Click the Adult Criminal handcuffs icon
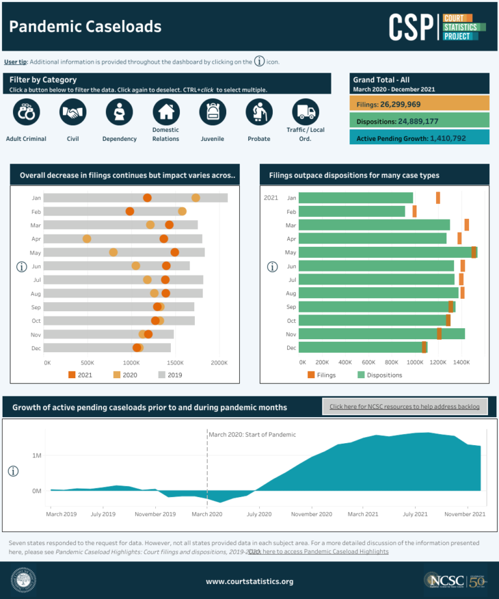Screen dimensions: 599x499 tap(26, 112)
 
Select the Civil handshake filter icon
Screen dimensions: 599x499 tap(73, 112)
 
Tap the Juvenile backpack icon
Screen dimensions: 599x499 tap(212, 112)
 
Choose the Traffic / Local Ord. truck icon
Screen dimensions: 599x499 tap(305, 112)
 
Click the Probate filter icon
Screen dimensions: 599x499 tap(259, 112)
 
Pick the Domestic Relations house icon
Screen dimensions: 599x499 tap(166, 112)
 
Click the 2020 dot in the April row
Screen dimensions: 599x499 tap(87, 239)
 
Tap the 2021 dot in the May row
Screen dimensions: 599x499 tap(175, 252)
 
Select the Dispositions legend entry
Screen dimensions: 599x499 tap(379, 375)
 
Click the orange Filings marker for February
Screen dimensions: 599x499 tap(415, 211)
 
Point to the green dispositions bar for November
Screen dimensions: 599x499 tap(381, 334)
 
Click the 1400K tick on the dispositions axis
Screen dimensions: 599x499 tap(461, 362)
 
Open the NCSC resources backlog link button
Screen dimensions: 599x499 tap(404, 407)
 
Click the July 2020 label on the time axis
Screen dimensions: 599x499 tap(259, 514)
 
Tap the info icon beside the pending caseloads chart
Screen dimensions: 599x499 tap(13, 471)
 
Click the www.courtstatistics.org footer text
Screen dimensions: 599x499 tap(249, 581)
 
